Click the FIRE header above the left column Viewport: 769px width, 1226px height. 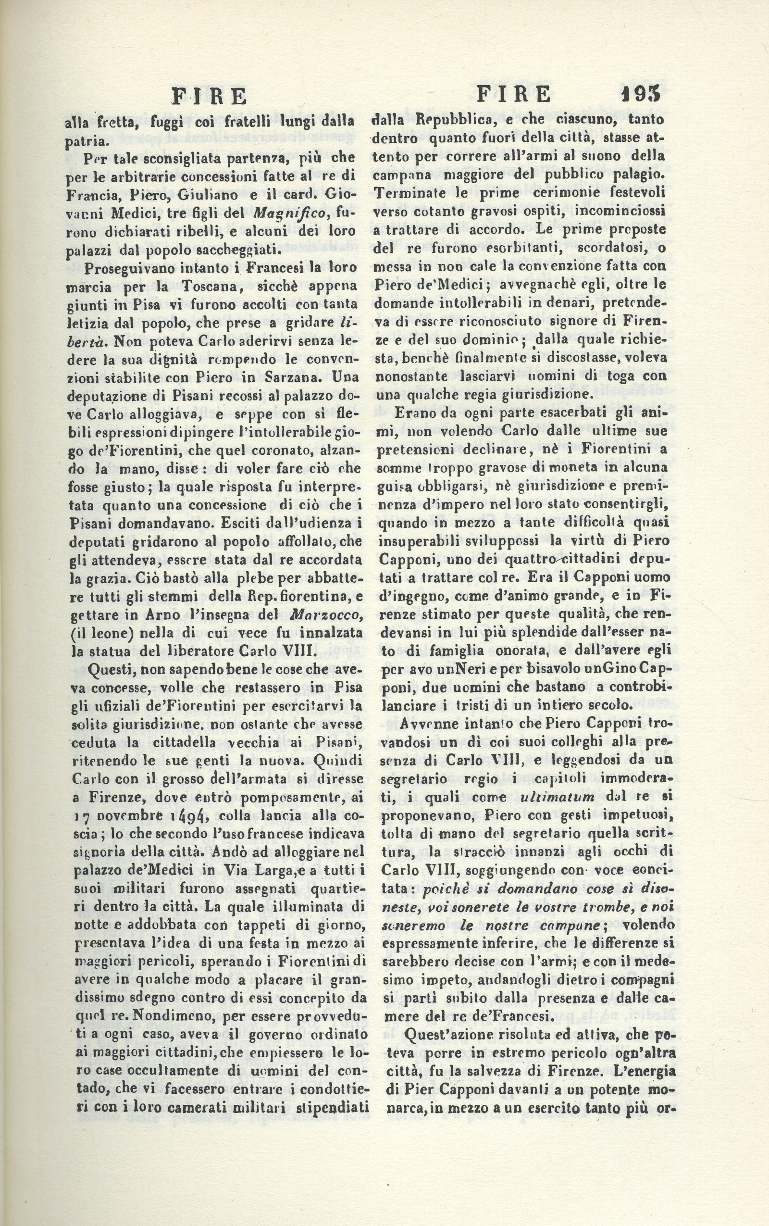tap(210, 96)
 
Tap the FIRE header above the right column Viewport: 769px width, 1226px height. tap(515, 95)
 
